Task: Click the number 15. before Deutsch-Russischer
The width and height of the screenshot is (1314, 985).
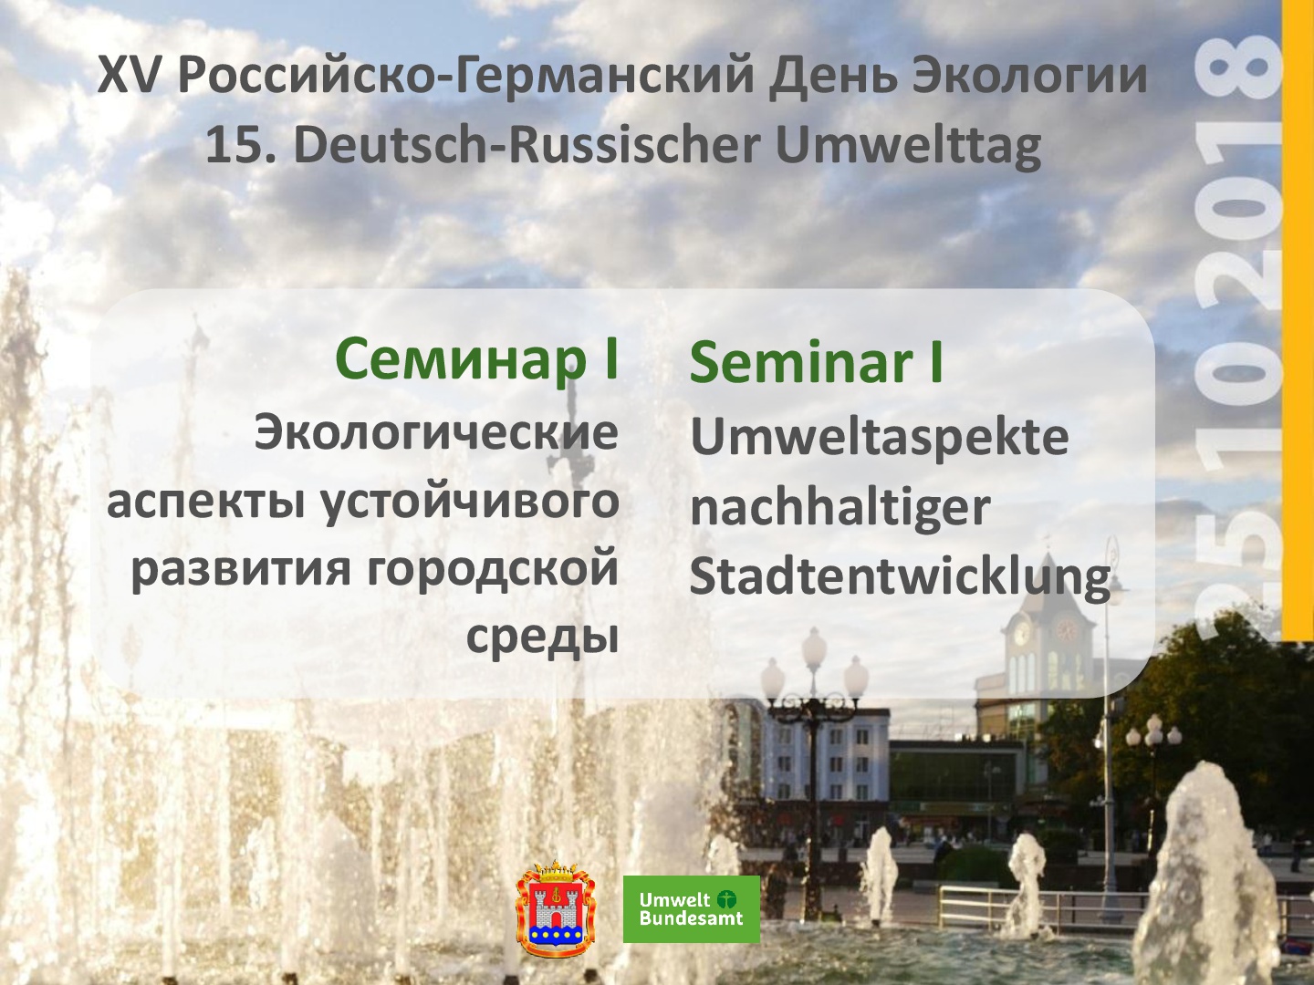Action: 241,147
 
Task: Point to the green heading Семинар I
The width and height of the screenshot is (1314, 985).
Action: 477,359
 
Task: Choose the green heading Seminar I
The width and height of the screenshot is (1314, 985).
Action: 817,362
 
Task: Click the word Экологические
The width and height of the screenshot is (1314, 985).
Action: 436,432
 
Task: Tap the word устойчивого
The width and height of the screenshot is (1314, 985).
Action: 469,503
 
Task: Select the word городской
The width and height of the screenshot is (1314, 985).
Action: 493,570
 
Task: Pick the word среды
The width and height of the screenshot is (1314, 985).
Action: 542,638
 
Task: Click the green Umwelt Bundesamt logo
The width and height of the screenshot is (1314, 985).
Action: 692,909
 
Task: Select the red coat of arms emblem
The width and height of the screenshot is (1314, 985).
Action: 556,908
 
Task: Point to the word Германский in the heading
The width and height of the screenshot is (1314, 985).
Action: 605,76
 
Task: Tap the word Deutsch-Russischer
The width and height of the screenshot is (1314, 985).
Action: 527,147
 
